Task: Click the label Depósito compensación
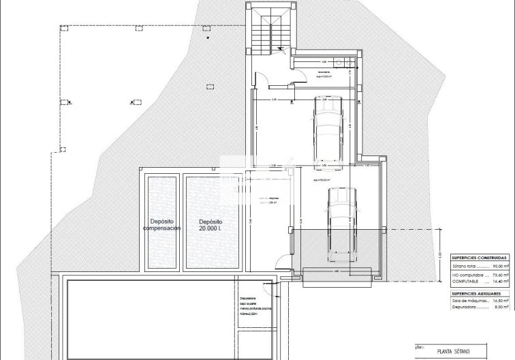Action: [161, 225]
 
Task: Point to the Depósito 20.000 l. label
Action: [210, 225]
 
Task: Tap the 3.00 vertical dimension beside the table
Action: [440, 256]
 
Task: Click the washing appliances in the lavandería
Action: [347, 63]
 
